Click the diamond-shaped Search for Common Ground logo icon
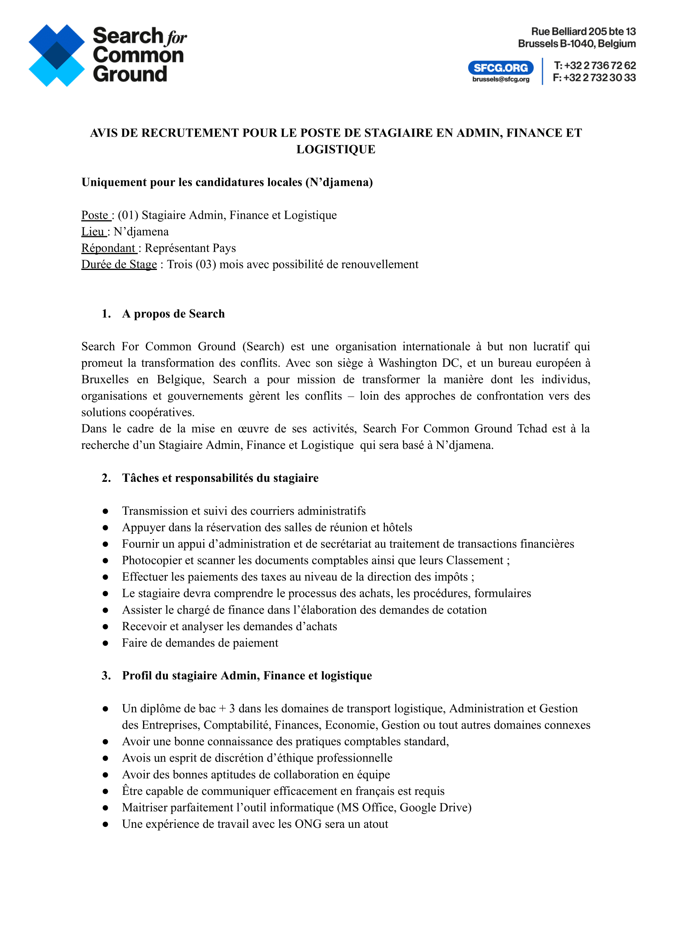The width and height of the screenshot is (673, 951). click(x=56, y=56)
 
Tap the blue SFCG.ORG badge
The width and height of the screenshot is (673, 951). click(x=501, y=67)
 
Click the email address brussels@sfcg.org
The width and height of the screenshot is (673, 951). click(x=501, y=79)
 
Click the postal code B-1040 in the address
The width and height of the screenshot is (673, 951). click(x=577, y=44)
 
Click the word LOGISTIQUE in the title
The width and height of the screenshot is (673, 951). click(x=336, y=149)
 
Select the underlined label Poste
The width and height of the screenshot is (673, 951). click(x=95, y=215)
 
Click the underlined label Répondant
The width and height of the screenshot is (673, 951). click(x=108, y=248)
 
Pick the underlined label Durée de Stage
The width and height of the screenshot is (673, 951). click(x=119, y=265)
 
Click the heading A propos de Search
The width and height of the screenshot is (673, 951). click(x=173, y=314)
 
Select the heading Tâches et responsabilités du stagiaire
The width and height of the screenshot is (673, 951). click(x=220, y=478)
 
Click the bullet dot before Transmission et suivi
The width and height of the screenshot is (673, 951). click(x=106, y=511)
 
